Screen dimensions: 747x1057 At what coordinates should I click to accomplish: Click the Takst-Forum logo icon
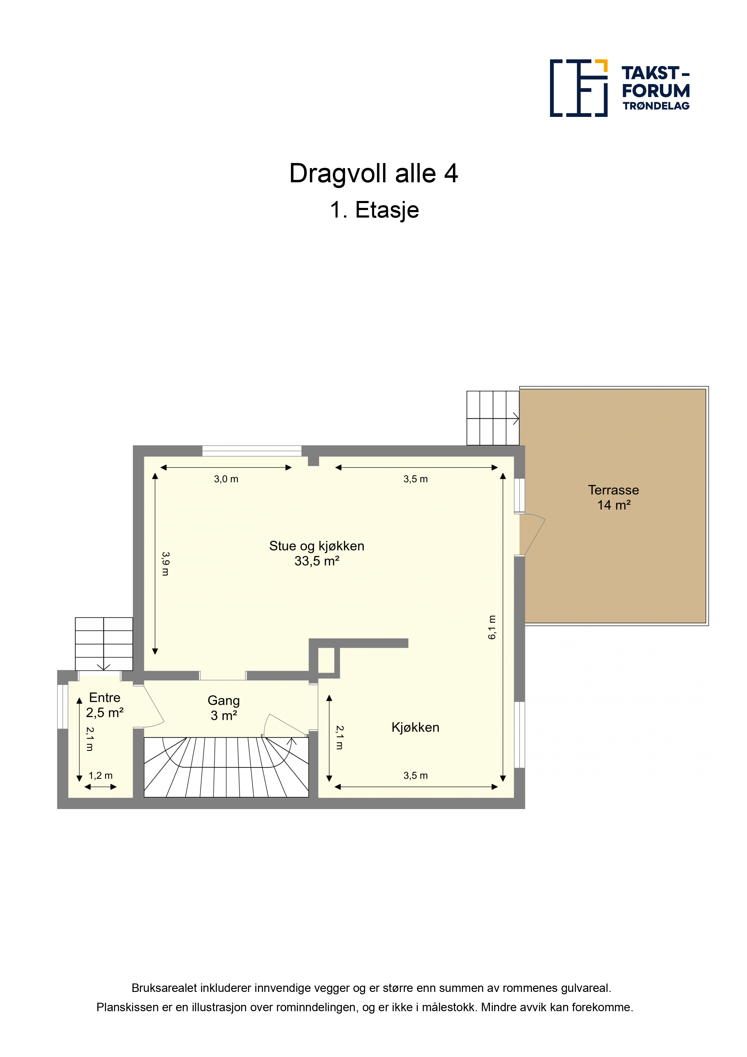click(579, 87)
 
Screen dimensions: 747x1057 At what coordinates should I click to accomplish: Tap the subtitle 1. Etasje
click(374, 210)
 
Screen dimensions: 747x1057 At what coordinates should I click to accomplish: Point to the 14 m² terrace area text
click(614, 505)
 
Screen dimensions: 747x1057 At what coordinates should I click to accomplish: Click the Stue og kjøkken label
click(317, 546)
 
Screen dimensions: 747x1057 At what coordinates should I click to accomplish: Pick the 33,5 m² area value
click(317, 561)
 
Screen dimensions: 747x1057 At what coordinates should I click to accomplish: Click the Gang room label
click(224, 701)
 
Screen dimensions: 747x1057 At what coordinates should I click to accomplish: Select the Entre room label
click(105, 698)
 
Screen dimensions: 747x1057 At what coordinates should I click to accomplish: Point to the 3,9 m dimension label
click(166, 564)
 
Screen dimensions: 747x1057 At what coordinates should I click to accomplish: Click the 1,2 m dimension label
click(100, 775)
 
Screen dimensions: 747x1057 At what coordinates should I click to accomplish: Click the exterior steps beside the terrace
click(493, 418)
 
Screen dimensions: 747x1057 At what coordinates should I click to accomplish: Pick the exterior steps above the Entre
click(104, 644)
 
